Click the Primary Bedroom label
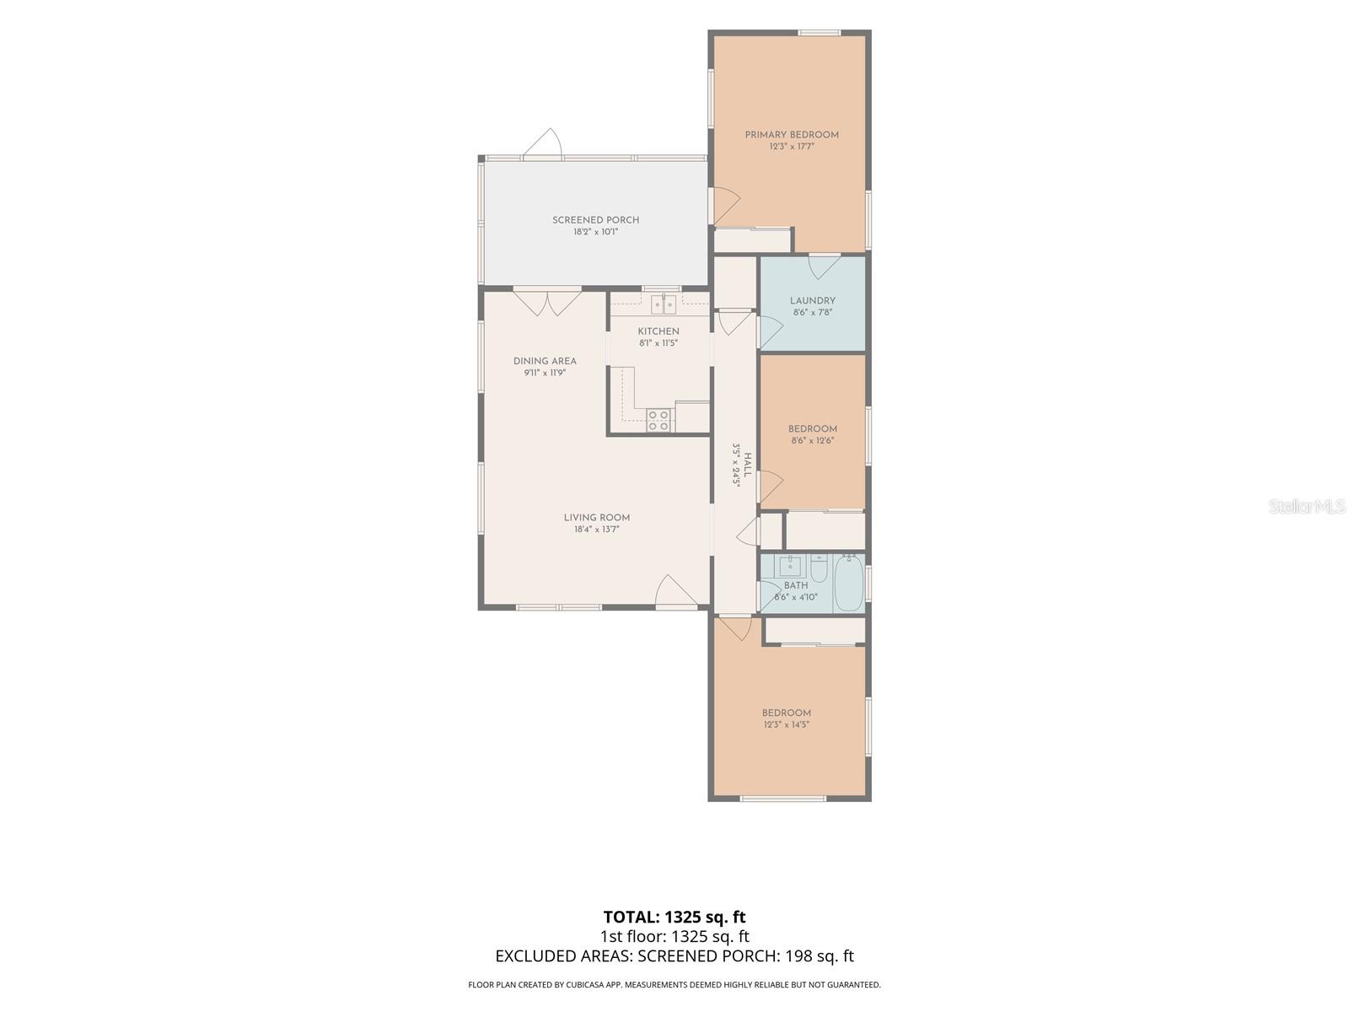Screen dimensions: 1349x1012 coord(791,135)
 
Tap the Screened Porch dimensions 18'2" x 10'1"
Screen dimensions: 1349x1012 coord(595,232)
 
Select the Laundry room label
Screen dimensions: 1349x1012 coord(812,300)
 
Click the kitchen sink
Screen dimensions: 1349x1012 coord(664,304)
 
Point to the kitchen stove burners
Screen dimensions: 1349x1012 coord(658,420)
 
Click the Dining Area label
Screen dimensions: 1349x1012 coord(545,361)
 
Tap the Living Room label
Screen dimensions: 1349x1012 coord(596,517)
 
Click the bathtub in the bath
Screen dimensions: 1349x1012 coord(849,582)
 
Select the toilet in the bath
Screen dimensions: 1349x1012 coord(819,568)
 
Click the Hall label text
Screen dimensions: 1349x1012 coord(747,465)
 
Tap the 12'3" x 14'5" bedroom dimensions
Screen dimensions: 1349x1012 coord(786,724)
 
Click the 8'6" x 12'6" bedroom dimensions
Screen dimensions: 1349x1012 coord(812,440)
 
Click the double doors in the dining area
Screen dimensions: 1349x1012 coord(547,302)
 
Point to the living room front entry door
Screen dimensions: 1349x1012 coord(676,591)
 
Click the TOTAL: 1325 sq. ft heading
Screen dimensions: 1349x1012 coord(674,917)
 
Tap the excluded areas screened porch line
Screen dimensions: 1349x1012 coord(674,955)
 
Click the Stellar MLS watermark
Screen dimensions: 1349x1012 coord(1307,506)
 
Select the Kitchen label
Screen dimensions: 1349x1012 coord(658,331)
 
